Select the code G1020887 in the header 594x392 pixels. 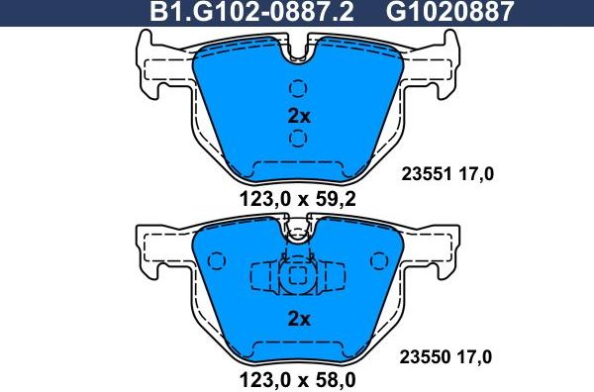[437, 12]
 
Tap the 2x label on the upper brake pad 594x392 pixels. [298, 116]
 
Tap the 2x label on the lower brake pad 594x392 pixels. [298, 319]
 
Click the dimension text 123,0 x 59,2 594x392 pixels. [298, 198]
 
